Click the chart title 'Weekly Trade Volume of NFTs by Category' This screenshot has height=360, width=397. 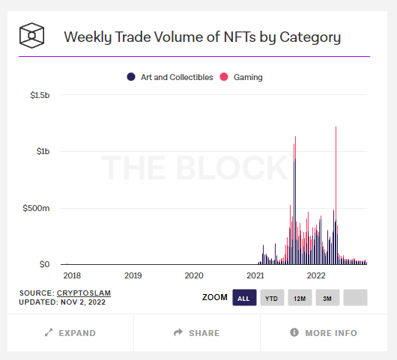coord(202,37)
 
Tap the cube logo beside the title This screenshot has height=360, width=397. coord(32,35)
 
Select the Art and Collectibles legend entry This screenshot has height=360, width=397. coord(171,77)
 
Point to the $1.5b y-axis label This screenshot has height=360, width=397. coord(39,95)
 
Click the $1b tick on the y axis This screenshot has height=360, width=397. coord(43,151)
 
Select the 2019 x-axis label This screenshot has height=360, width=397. coord(133,275)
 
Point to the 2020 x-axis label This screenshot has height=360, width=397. coord(194,275)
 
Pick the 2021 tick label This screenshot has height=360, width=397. coord(255,275)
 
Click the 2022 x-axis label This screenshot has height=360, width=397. coord(317,275)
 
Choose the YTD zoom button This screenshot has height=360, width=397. coord(271,298)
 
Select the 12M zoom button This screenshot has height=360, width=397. coord(300,298)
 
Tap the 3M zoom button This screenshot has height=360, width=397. coord(327,298)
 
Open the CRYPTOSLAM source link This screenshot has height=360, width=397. coord(81,293)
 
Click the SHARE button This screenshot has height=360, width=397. coord(197,333)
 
